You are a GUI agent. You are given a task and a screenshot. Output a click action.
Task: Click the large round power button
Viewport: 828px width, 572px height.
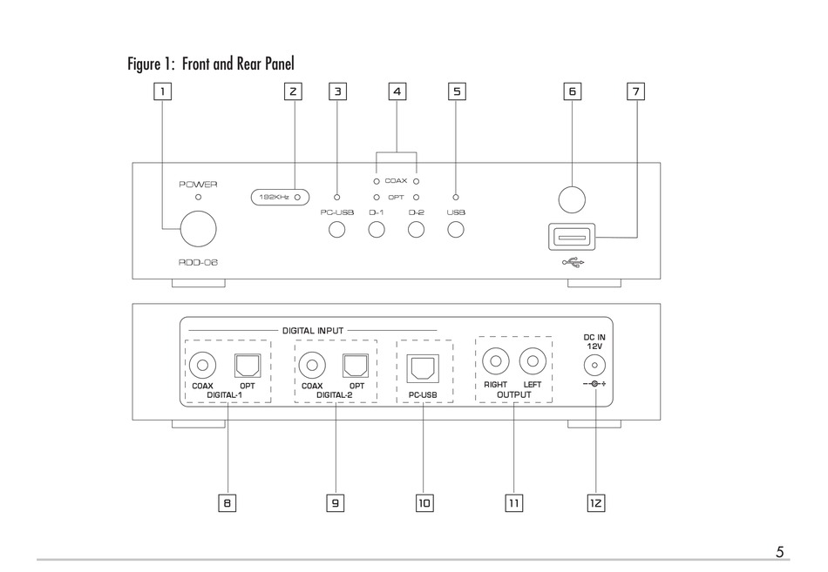click(198, 229)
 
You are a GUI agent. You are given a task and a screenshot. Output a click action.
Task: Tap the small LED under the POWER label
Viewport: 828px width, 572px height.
click(198, 198)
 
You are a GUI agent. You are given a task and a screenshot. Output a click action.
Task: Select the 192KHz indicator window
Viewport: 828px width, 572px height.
click(280, 198)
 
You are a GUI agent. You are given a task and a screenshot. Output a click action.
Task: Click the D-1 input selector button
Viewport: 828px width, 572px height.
click(376, 230)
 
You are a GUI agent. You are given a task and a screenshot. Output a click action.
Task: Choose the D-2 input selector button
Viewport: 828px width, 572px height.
click(416, 230)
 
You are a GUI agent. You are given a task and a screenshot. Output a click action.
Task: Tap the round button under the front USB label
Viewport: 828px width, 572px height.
click(456, 230)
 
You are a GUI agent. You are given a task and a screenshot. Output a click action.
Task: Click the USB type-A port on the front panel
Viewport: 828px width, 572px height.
click(572, 237)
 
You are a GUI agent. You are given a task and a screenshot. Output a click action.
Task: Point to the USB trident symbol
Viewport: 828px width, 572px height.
click(573, 262)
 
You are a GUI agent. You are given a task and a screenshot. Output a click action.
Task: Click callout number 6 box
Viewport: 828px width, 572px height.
click(572, 91)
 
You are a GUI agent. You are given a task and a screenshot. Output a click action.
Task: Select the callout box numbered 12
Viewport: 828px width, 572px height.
click(595, 503)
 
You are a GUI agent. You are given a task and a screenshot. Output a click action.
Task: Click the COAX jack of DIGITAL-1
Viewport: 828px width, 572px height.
click(202, 365)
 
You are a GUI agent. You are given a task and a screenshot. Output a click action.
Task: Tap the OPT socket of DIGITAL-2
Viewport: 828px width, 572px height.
click(356, 365)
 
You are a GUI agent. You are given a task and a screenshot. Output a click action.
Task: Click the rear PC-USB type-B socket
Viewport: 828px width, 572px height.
click(423, 368)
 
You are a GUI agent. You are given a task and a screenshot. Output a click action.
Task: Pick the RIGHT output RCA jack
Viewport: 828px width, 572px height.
click(495, 361)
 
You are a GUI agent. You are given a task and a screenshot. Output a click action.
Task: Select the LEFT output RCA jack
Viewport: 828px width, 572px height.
click(533, 361)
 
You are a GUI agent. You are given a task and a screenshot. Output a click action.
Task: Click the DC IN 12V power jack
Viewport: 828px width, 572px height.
click(594, 365)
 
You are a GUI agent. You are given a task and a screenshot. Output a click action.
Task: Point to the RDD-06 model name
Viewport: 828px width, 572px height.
click(198, 262)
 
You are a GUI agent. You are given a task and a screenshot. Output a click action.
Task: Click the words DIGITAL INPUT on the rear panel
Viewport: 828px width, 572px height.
click(313, 331)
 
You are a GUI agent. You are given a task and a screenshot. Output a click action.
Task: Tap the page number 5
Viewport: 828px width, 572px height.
click(780, 552)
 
